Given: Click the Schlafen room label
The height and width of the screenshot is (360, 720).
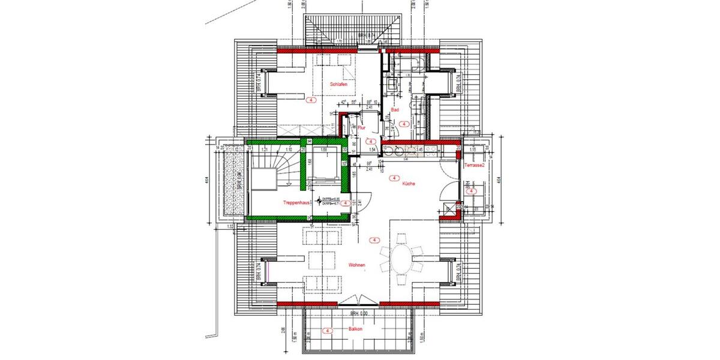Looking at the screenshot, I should [338, 85].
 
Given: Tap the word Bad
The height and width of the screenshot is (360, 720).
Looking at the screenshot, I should [395, 110].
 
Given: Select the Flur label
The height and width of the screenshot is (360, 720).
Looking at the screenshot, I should [361, 128].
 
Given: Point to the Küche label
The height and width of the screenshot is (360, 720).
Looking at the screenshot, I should [410, 184].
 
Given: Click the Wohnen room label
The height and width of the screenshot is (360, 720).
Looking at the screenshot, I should [356, 265].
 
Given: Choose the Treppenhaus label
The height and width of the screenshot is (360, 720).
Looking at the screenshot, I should [296, 203].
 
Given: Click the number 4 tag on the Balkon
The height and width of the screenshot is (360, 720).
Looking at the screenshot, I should [328, 331].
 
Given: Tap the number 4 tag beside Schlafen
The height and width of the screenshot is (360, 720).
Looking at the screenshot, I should [311, 100].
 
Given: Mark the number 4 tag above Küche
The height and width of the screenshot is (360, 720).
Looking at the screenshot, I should [394, 178].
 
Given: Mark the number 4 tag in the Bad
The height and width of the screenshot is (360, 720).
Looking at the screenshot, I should [404, 124].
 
